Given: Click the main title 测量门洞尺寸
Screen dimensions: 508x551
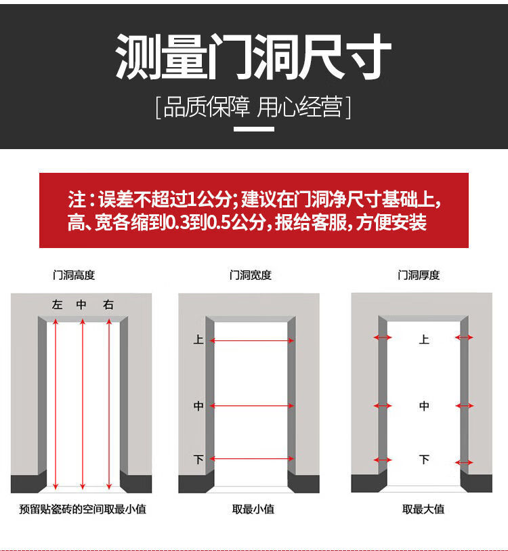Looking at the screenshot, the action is [253, 56].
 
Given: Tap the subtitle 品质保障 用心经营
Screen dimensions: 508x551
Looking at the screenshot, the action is [253, 107].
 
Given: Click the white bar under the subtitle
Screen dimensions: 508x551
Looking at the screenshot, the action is [254, 129].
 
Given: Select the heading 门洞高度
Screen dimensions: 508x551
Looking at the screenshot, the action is [74, 274].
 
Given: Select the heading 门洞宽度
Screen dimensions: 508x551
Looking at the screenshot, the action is [251, 274].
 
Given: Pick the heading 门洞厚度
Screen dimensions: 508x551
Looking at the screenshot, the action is [419, 274].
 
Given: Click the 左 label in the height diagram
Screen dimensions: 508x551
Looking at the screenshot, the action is [58, 304].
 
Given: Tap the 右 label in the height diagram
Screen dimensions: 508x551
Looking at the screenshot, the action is [108, 304].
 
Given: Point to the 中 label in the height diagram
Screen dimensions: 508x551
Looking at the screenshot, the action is [81, 304].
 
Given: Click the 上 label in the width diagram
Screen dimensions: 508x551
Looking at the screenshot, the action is [198, 340].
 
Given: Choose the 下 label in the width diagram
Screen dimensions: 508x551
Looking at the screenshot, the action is [198, 460].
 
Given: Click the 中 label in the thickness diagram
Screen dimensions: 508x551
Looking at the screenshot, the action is [424, 406].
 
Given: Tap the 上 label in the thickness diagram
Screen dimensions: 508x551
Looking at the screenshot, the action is [424, 340].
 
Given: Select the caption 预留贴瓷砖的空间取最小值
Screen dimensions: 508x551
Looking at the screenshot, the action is [83, 509].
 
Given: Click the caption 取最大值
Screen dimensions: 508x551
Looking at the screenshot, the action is [423, 509].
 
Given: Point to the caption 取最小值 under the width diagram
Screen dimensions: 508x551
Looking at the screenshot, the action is [253, 509].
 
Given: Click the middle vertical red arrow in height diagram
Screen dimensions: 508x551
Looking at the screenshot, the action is [83, 404].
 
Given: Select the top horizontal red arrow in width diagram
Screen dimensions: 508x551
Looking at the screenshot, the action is [252, 340].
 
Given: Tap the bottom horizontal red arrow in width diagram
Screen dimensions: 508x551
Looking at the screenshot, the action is [252, 459].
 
